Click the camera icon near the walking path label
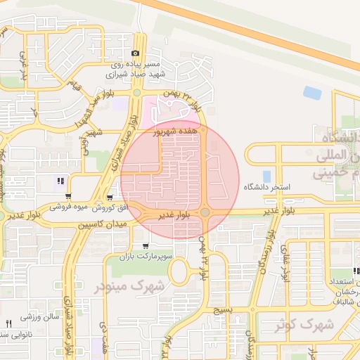(136, 53)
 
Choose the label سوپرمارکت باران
(144, 257)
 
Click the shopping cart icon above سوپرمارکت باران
(145, 246)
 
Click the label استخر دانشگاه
(266, 188)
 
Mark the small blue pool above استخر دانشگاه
(266, 175)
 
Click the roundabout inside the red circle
(205, 212)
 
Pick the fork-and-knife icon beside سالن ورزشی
(9, 323)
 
